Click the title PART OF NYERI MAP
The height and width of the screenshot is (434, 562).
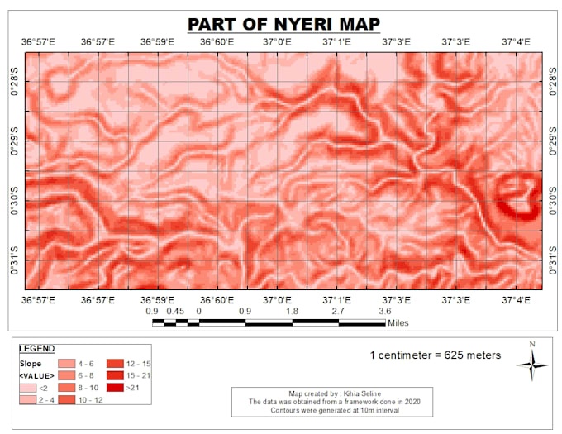tap(283, 24)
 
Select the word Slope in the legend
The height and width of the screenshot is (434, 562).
tap(31, 363)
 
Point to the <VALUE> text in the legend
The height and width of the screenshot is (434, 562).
tap(36, 375)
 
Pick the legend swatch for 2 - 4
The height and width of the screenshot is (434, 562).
tap(28, 400)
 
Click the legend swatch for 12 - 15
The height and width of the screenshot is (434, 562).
tap(114, 363)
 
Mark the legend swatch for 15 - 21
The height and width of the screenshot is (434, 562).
tap(114, 375)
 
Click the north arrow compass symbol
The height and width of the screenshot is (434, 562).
tap(532, 362)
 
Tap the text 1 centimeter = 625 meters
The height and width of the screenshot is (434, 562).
tap(435, 355)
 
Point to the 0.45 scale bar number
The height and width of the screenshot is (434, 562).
tap(174, 312)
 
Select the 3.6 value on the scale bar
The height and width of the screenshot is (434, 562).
tap(385, 312)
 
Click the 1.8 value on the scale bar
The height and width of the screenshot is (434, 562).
tap(292, 312)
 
